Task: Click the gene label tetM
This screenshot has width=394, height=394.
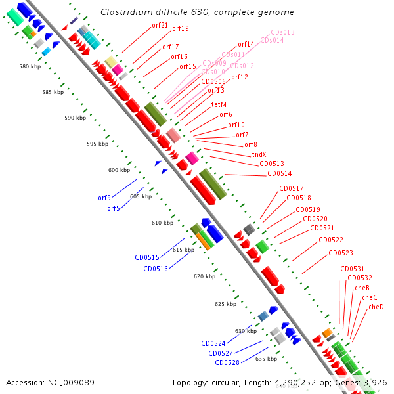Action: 219,104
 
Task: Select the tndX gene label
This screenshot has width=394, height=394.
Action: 259,154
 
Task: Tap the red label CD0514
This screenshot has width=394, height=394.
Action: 280,174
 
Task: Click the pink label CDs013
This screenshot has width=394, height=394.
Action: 283,32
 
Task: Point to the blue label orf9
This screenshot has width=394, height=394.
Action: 104,198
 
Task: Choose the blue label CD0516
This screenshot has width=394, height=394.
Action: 156,269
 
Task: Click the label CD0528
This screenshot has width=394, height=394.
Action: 227,362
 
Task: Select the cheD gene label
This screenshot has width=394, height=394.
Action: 376,307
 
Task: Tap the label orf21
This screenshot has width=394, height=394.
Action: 160,25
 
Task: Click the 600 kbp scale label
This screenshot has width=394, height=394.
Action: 120,170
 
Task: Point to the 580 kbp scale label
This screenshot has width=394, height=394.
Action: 30,66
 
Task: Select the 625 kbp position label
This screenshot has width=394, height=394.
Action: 225,304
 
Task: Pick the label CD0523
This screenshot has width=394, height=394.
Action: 341,253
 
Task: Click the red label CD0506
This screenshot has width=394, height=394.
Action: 213,81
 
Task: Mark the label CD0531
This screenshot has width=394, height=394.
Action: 353,269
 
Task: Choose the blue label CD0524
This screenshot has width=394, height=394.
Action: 213,343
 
